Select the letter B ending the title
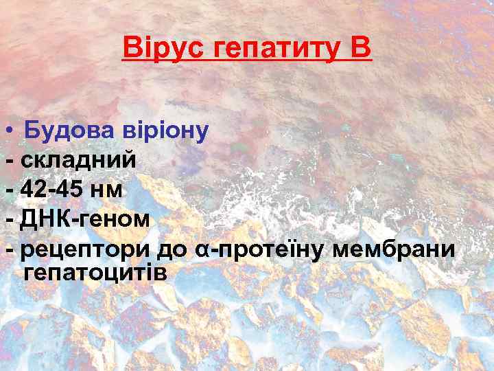pyautogui.click(x=361, y=48)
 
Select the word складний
pyautogui.click(x=79, y=160)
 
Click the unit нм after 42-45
pyautogui.click(x=110, y=190)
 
